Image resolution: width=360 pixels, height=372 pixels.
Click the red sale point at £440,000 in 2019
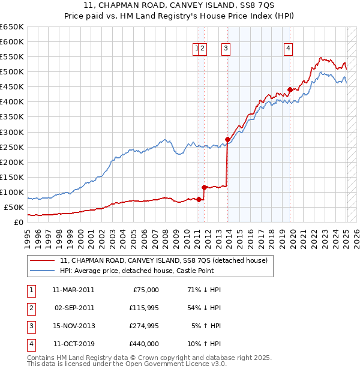[x=290, y=89]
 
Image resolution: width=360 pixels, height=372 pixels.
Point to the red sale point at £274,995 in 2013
[x=227, y=139]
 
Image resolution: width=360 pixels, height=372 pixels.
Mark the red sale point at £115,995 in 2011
[x=204, y=187]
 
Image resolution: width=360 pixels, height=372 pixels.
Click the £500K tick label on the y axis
[x=12, y=72]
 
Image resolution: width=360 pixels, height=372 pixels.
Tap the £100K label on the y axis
[x=12, y=193]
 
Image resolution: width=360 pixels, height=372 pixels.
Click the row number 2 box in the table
[x=30, y=308]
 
